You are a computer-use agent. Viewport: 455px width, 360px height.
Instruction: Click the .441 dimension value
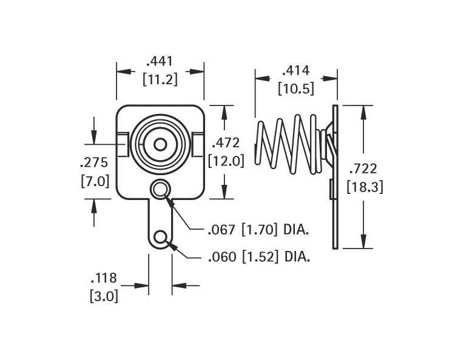point(160,61)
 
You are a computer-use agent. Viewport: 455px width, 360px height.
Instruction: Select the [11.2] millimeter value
point(160,79)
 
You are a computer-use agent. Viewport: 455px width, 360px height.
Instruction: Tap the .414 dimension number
point(296,70)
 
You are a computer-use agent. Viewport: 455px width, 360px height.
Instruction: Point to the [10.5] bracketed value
point(296,88)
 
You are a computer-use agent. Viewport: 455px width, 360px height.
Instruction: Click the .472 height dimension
point(226,143)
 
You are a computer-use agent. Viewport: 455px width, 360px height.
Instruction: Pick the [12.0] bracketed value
point(226,161)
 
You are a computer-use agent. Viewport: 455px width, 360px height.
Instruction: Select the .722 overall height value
point(363,168)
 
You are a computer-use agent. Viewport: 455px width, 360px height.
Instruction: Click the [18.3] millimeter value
point(365,187)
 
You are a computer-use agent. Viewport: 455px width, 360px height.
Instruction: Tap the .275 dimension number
point(94,162)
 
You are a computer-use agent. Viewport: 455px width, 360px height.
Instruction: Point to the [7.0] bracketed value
point(95,181)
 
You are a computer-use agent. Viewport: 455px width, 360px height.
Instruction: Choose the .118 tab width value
point(104,278)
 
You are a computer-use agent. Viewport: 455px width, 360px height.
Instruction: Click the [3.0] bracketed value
point(104,296)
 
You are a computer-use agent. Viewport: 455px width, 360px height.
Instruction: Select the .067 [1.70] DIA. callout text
point(258,230)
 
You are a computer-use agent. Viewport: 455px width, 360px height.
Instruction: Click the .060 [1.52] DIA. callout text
point(259,257)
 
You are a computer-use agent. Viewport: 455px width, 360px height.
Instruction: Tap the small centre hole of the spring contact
point(160,145)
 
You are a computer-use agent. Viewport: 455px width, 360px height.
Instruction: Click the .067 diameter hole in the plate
point(160,190)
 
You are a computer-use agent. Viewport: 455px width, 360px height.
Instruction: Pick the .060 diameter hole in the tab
point(160,238)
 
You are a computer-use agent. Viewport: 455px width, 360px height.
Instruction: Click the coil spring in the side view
point(290,145)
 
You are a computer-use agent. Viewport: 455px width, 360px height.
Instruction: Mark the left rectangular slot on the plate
point(123,144)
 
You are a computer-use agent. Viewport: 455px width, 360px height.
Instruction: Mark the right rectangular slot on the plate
point(198,144)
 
